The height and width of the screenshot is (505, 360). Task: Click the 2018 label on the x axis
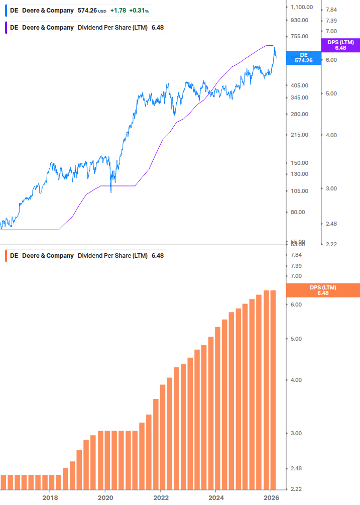pyautogui.click(x=50, y=497)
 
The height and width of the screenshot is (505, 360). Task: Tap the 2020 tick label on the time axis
pyautogui.click(x=105, y=497)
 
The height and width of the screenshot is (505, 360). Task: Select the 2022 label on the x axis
pyautogui.click(x=161, y=497)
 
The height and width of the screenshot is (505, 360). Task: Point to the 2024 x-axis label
pyautogui.click(x=216, y=497)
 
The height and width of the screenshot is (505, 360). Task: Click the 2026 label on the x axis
pyautogui.click(x=271, y=497)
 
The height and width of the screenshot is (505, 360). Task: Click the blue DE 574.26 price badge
pyautogui.click(x=303, y=58)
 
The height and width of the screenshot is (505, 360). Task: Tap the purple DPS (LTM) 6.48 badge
pyautogui.click(x=340, y=45)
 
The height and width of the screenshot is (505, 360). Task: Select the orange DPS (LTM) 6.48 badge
pyautogui.click(x=323, y=290)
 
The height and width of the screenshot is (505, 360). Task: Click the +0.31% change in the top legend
pyautogui.click(x=139, y=11)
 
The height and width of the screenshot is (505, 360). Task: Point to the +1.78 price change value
pyautogui.click(x=118, y=11)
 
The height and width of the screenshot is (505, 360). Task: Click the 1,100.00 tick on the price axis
pyautogui.click(x=302, y=7)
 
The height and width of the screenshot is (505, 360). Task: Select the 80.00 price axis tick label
pyautogui.click(x=298, y=212)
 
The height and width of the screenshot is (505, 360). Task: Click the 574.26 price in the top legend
pyautogui.click(x=87, y=11)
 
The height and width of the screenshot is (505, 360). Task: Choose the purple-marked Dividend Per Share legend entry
pyautogui.click(x=85, y=28)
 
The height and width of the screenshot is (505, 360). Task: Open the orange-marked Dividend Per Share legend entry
pyautogui.click(x=85, y=256)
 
